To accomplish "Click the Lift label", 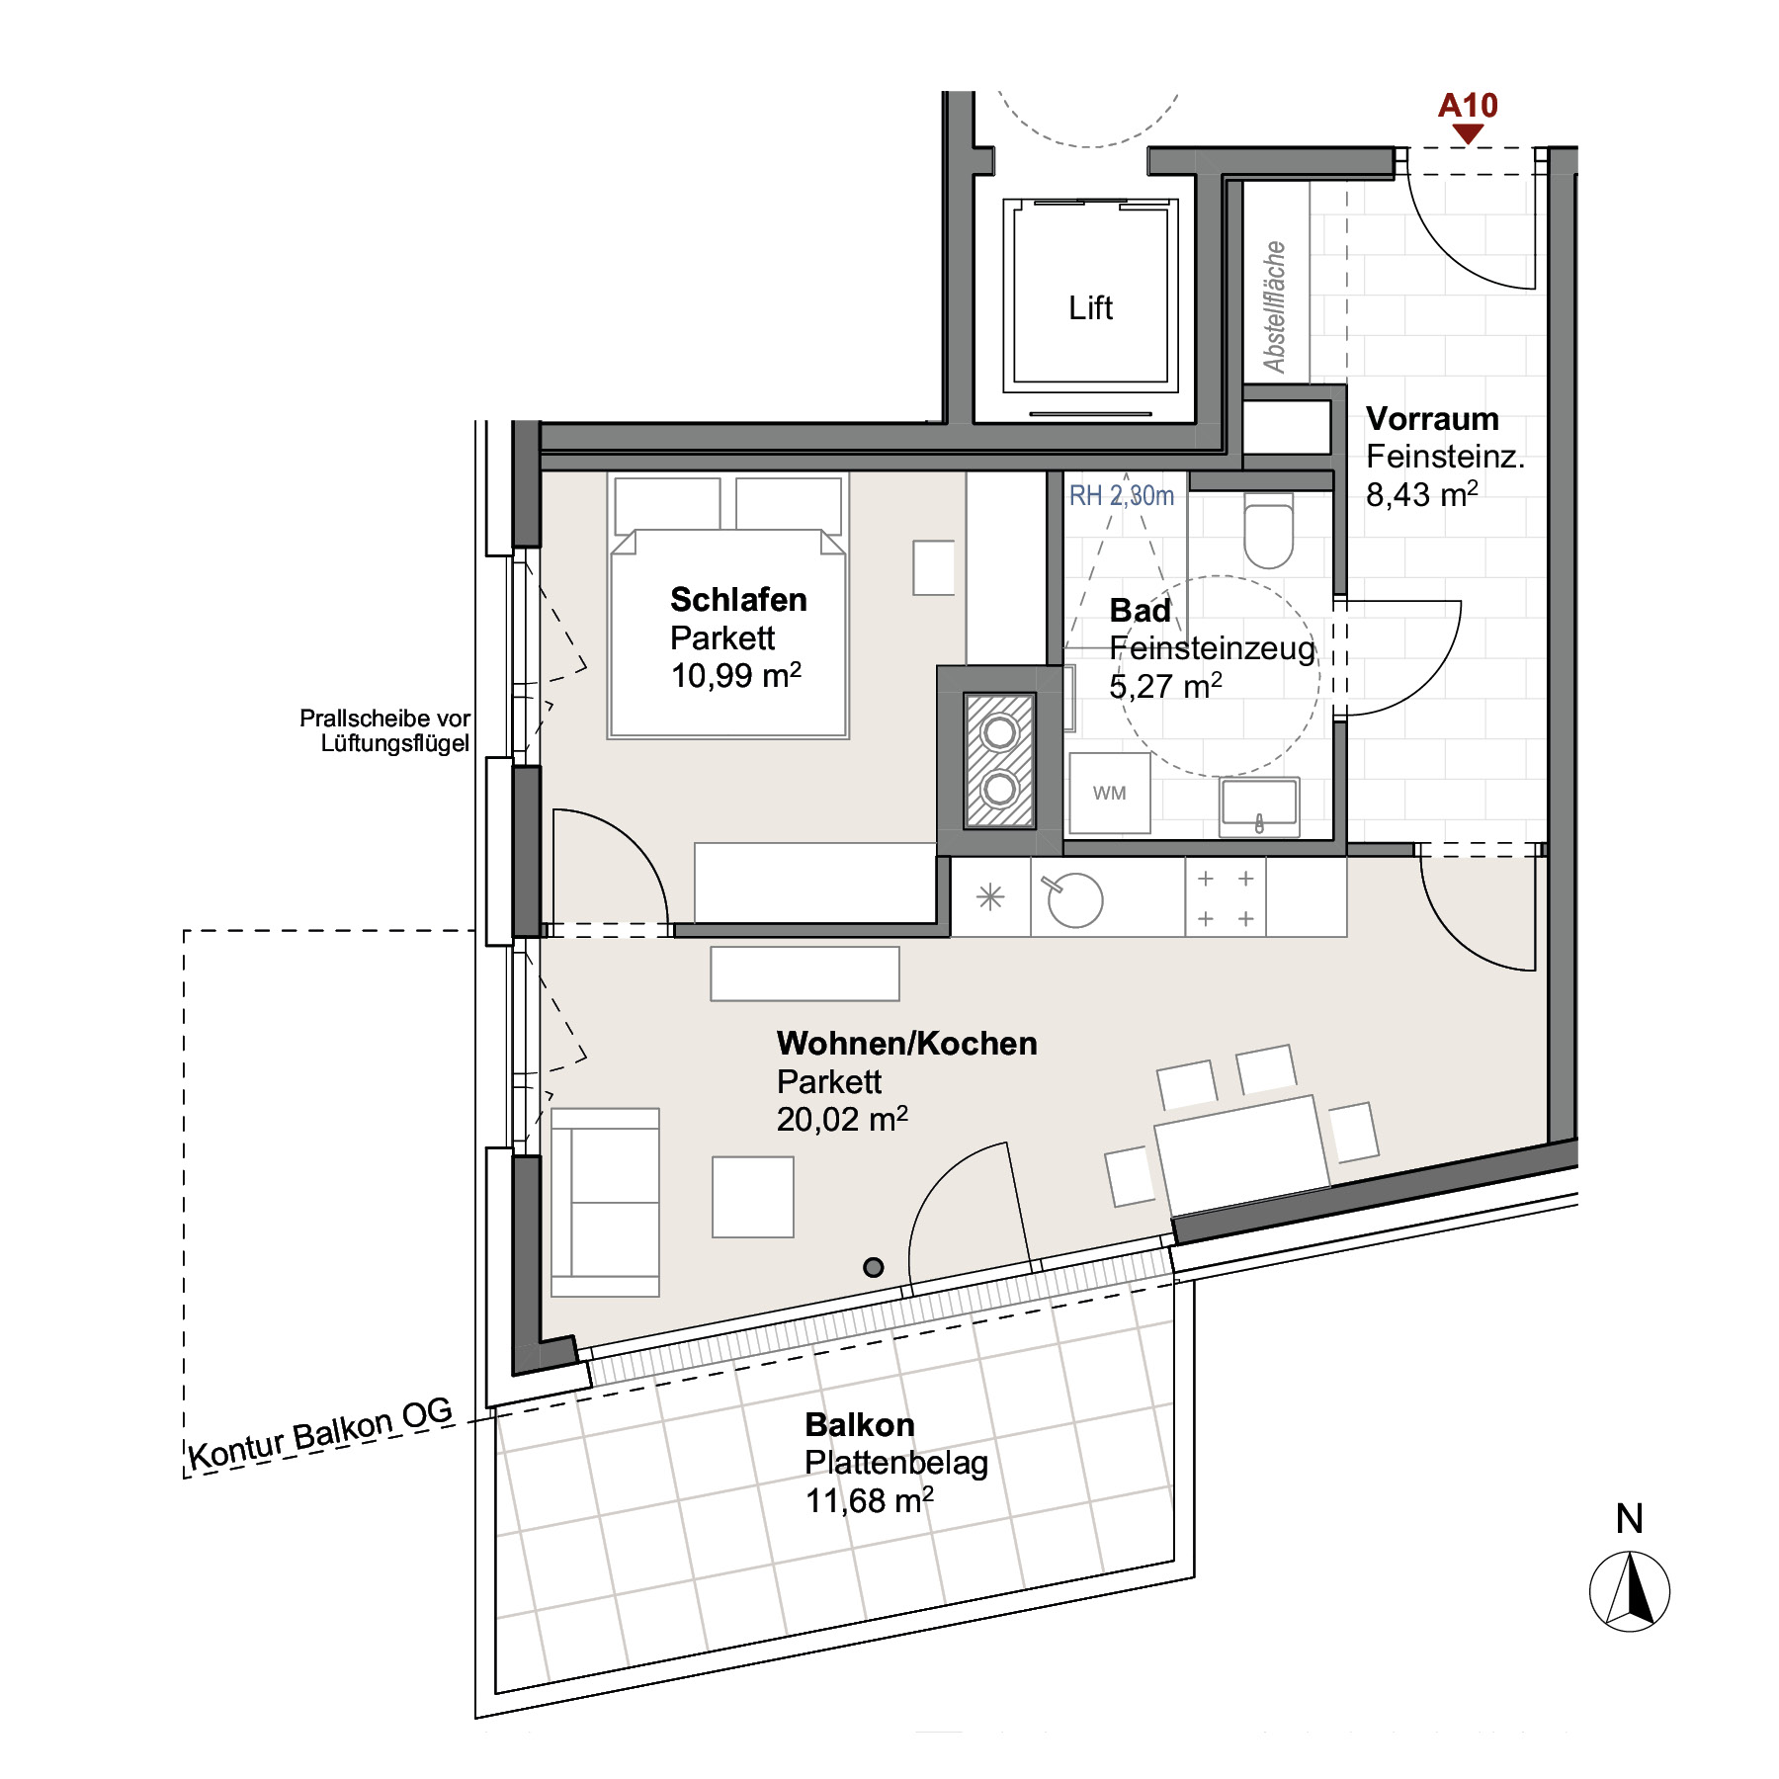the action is point(1090,308).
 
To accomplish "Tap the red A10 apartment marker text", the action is point(1468,106).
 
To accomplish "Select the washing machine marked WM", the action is point(1110,793).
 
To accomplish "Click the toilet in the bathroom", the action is point(1269,532).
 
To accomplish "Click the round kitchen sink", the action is point(1074,900).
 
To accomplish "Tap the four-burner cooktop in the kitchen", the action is point(1226,897).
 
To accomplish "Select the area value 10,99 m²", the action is point(735,676).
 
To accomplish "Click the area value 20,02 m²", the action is point(842,1120).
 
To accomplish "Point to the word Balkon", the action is point(860,1425).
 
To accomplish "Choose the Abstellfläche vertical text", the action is point(1275,306).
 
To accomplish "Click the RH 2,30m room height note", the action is point(1122,495).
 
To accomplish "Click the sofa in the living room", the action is point(605,1202).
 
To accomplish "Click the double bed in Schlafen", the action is point(727,607).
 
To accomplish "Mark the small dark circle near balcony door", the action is point(874,1267).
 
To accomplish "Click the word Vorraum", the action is point(1432,419).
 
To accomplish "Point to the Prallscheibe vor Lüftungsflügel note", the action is point(384,730).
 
